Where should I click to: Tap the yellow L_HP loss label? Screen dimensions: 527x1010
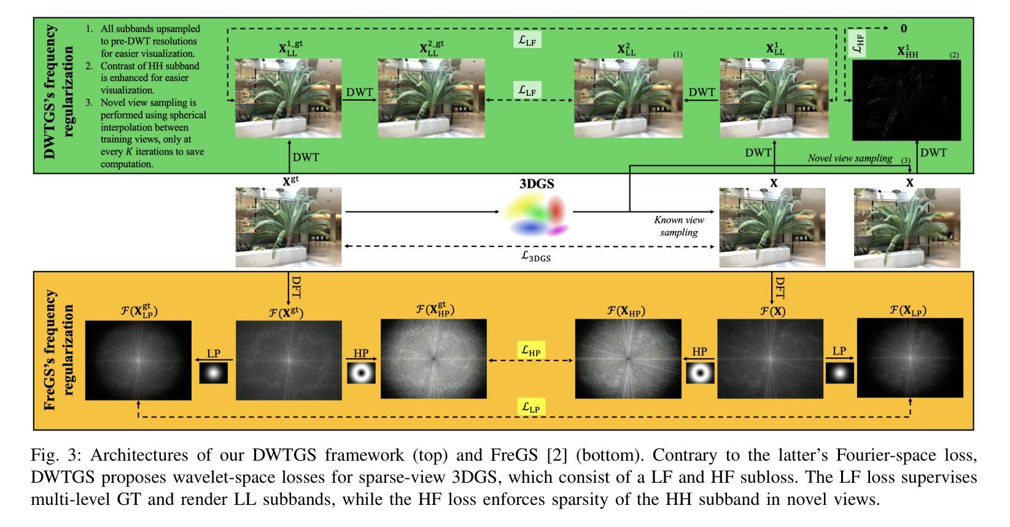(531, 351)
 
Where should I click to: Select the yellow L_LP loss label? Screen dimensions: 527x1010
(531, 406)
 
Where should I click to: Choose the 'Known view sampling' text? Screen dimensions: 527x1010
(679, 225)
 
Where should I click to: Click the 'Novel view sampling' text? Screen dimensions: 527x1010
(850, 158)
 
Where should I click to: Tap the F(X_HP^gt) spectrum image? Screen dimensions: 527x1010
(433, 359)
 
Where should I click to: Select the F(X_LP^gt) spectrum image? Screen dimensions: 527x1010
(138, 360)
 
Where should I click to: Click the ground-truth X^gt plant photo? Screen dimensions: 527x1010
(288, 227)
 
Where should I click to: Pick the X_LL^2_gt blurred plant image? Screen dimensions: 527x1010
(431, 98)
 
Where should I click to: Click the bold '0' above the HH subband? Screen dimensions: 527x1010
(904, 28)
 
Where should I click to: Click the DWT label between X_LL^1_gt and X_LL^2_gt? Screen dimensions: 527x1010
(359, 92)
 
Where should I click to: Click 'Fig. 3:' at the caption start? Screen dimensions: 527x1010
(51, 456)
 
